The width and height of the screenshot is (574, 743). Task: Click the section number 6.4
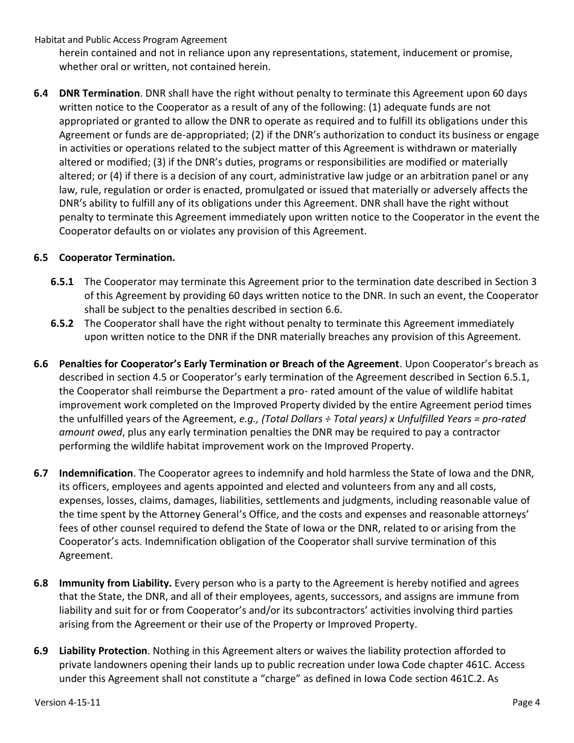40,93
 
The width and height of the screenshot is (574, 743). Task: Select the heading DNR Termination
99,93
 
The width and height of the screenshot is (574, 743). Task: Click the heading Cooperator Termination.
117,257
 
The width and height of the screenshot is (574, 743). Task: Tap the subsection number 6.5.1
62,281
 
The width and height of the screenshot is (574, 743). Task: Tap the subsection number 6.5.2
62,323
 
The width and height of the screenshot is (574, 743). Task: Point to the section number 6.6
40,364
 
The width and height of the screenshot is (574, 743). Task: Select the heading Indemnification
95,473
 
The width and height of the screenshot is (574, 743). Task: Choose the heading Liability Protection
103,651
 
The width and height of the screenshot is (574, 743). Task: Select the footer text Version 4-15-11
66,702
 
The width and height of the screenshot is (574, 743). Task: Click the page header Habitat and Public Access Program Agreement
131,39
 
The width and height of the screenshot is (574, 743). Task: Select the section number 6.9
40,651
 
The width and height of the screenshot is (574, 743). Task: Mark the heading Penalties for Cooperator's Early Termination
228,364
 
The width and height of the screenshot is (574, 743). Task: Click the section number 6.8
40,583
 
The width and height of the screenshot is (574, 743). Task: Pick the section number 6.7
40,473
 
